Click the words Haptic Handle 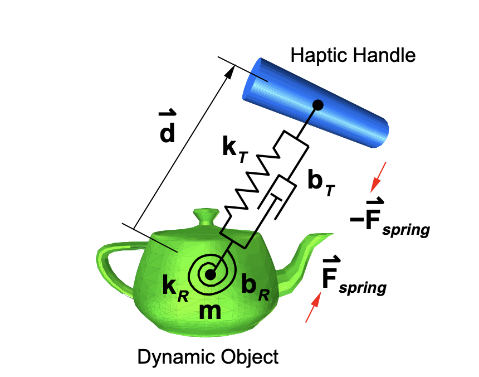(353, 55)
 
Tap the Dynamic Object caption (208, 357)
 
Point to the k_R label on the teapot (175, 288)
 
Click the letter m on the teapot (210, 311)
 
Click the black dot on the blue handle (317, 105)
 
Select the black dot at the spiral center (210, 275)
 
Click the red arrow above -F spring (378, 177)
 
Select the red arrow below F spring (314, 307)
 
